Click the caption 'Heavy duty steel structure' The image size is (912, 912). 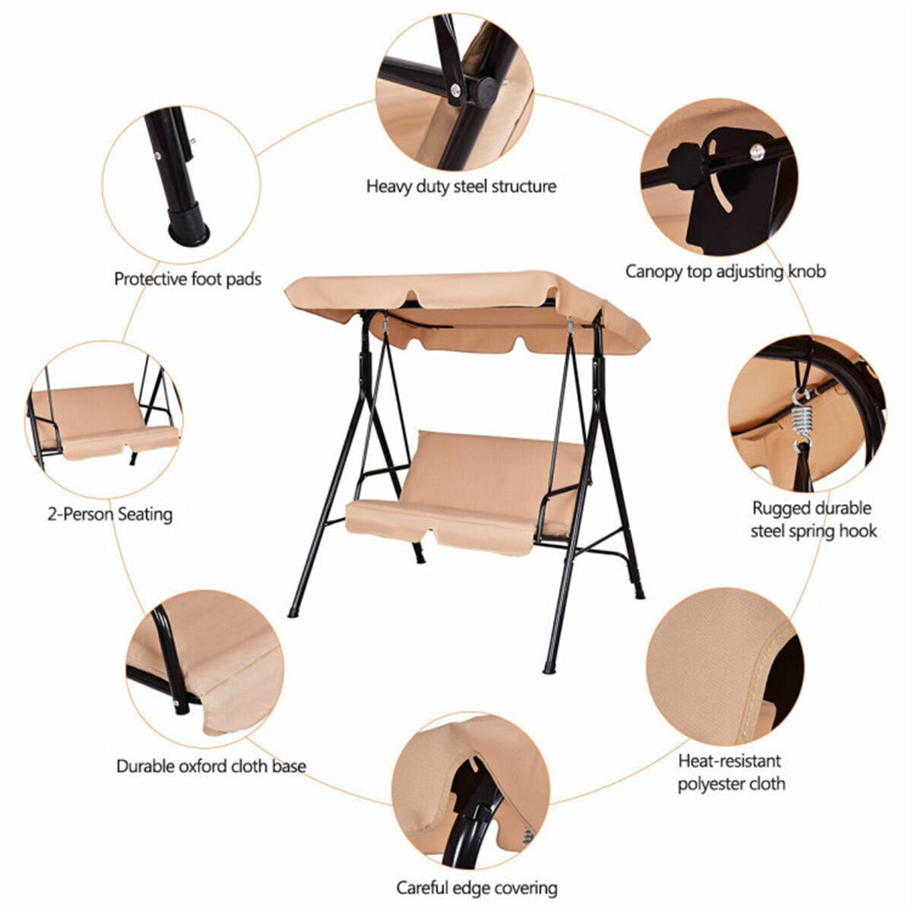[461, 186]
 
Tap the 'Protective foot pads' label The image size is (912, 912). [188, 279]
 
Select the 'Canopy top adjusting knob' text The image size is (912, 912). [725, 271]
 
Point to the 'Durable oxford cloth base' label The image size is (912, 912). [211, 765]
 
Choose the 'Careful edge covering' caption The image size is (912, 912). [477, 888]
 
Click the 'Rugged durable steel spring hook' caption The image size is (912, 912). [813, 519]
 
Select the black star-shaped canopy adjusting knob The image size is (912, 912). [682, 161]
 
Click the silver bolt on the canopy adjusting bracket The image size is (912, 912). [755, 153]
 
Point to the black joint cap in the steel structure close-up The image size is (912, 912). [484, 90]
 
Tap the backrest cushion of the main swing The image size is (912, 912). [494, 467]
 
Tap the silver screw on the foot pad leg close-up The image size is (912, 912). [159, 154]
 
